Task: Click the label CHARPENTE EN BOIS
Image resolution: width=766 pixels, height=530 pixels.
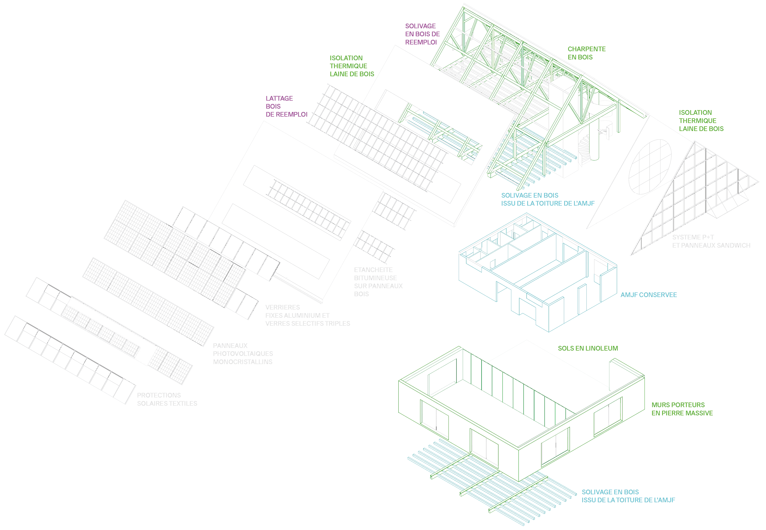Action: pyautogui.click(x=587, y=53)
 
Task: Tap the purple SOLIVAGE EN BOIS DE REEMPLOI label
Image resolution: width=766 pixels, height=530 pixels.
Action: pyautogui.click(x=422, y=34)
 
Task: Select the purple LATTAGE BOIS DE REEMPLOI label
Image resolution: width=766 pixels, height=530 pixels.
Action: pyautogui.click(x=286, y=106)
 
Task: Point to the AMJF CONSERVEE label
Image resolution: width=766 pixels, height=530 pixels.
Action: pyautogui.click(x=648, y=295)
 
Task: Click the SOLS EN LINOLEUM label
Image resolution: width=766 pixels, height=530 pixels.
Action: pyautogui.click(x=588, y=348)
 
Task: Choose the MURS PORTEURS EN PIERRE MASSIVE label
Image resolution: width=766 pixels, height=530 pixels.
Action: pyautogui.click(x=682, y=409)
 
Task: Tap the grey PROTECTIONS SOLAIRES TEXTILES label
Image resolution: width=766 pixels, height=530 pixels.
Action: pyautogui.click(x=167, y=399)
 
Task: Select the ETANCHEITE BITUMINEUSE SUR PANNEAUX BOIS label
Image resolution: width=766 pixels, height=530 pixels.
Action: pyautogui.click(x=378, y=282)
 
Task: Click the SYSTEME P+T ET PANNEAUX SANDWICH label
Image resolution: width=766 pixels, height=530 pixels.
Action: pyautogui.click(x=711, y=242)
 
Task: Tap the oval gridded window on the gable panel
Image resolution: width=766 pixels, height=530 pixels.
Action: pyautogui.click(x=650, y=167)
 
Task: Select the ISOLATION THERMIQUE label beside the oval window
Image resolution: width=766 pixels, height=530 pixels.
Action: pyautogui.click(x=701, y=121)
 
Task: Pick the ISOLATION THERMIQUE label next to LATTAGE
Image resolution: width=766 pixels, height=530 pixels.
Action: pyautogui.click(x=352, y=66)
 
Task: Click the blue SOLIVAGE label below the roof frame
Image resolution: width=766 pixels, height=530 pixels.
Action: pyautogui.click(x=548, y=199)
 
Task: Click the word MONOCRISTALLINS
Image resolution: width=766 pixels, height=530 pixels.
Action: pyautogui.click(x=243, y=362)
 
